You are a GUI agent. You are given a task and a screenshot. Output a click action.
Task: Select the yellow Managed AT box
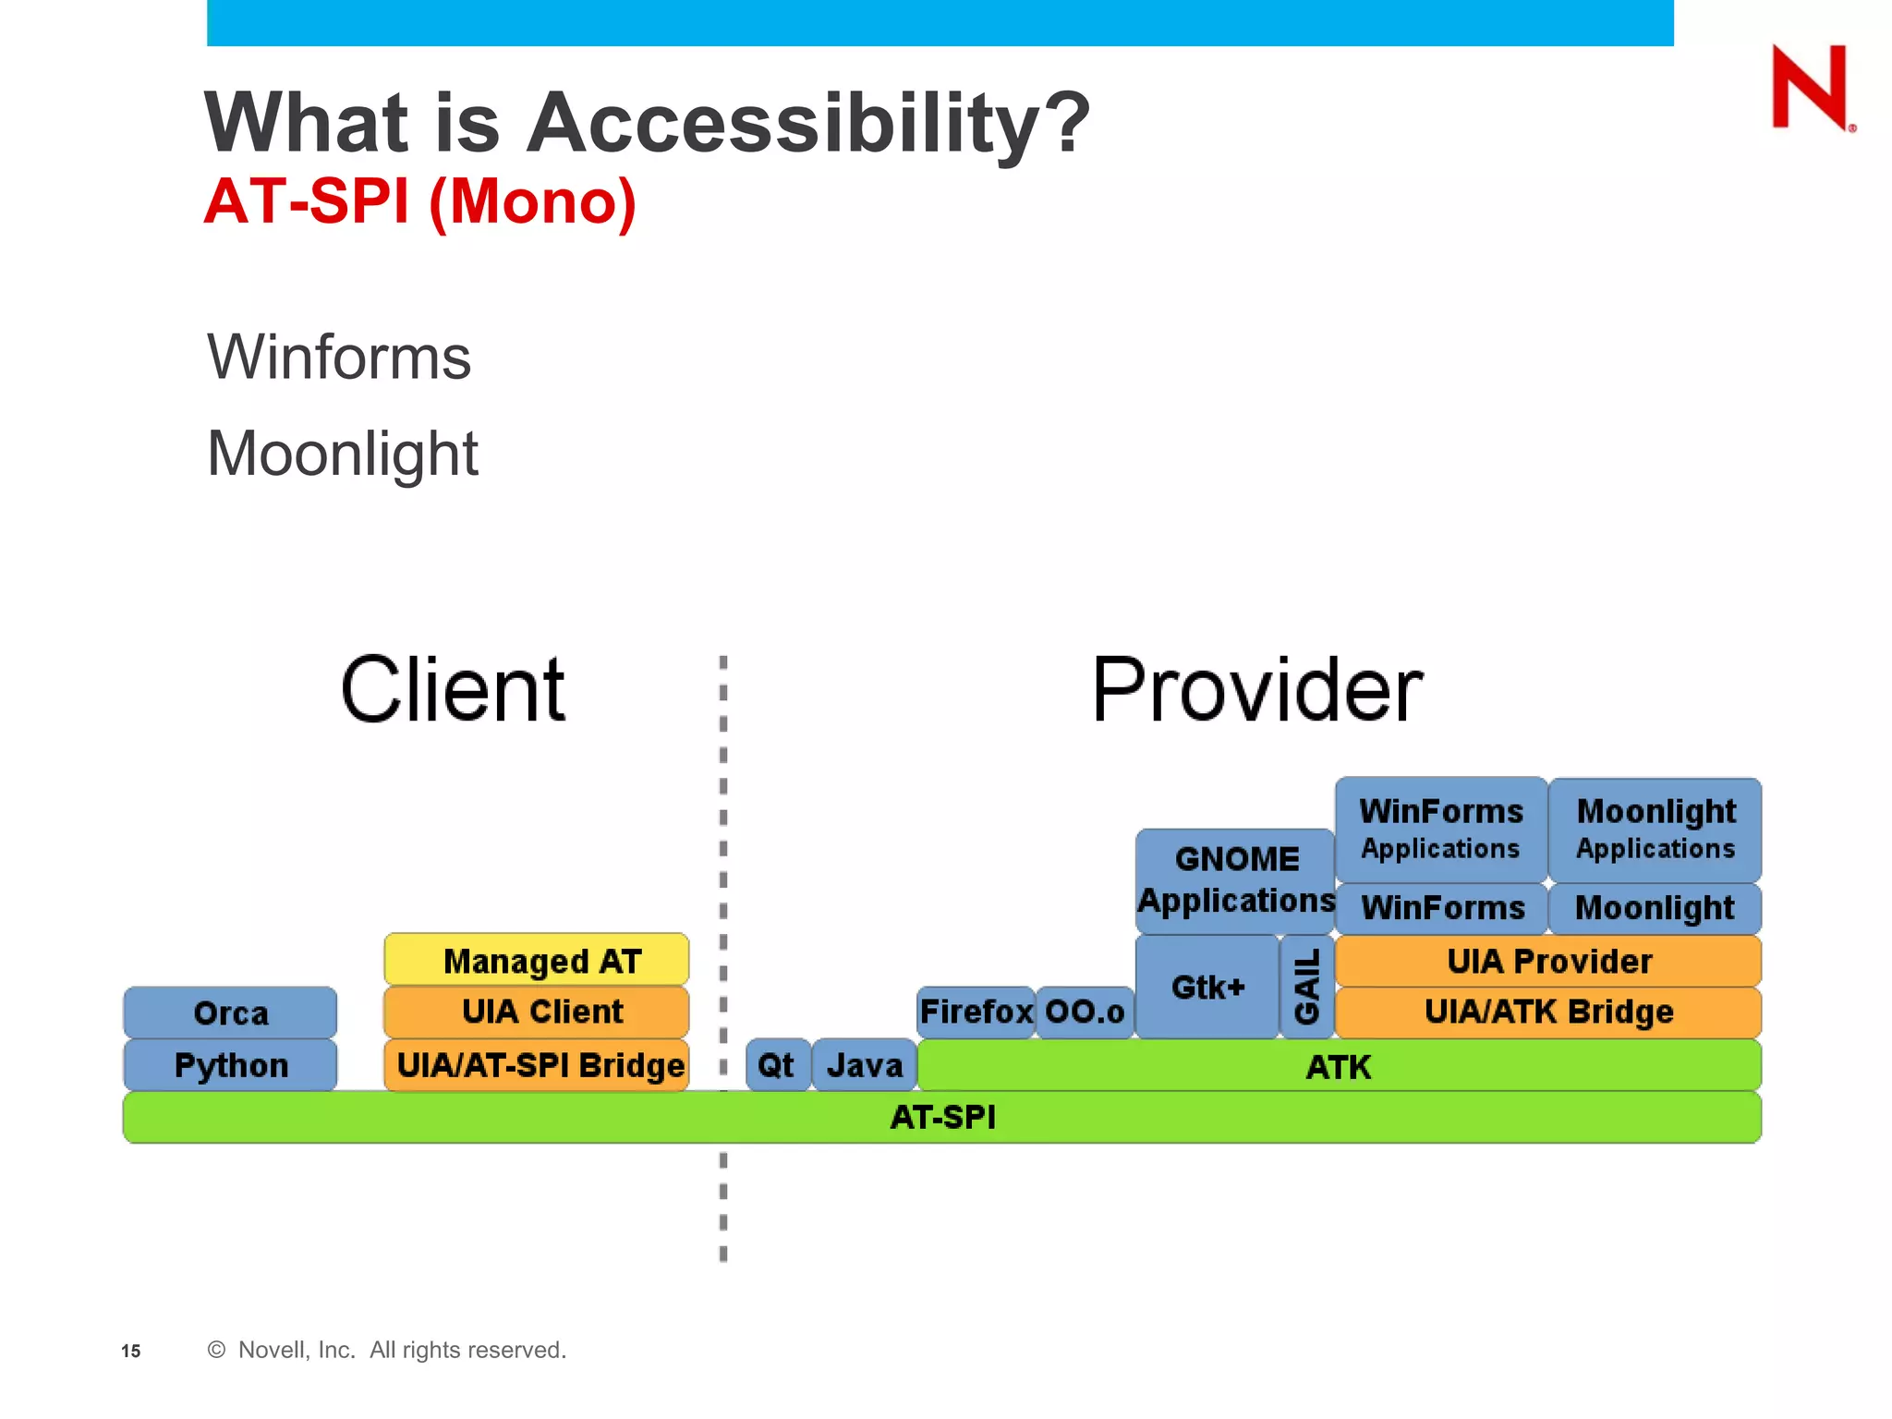pyautogui.click(x=537, y=960)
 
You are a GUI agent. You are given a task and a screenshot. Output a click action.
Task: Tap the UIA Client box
pyautogui.click(x=537, y=1012)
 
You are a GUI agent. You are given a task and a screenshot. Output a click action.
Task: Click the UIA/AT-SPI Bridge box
pyautogui.click(x=537, y=1065)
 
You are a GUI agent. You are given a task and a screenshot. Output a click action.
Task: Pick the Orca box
pyautogui.click(x=230, y=1013)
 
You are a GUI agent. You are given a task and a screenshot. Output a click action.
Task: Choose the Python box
pyautogui.click(x=230, y=1065)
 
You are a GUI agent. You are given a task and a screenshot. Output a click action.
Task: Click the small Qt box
pyautogui.click(x=777, y=1065)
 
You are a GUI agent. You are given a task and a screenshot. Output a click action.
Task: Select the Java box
pyautogui.click(x=865, y=1065)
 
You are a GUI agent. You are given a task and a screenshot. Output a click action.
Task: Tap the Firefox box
pyautogui.click(x=976, y=1012)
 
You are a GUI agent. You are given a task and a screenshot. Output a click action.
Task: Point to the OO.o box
pyautogui.click(x=1085, y=1012)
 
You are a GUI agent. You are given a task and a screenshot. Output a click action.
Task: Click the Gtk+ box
pyautogui.click(x=1207, y=987)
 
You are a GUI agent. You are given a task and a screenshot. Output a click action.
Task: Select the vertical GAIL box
pyautogui.click(x=1306, y=987)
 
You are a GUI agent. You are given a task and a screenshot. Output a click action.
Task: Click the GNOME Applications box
pyautogui.click(x=1235, y=880)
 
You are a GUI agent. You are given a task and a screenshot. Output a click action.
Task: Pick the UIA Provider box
pyautogui.click(x=1548, y=961)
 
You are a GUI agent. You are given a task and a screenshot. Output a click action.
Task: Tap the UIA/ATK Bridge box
pyautogui.click(x=1548, y=1012)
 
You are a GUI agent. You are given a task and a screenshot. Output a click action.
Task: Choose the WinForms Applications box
pyautogui.click(x=1441, y=829)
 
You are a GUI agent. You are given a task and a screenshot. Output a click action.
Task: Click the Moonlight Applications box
pyautogui.click(x=1655, y=829)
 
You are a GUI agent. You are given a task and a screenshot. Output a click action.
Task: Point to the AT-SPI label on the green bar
pyautogui.click(x=942, y=1117)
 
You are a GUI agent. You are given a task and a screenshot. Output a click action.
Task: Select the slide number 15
pyautogui.click(x=131, y=1351)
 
